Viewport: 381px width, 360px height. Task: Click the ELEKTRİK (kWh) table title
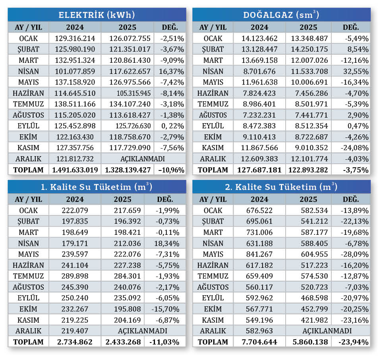pyautogui.click(x=97, y=15)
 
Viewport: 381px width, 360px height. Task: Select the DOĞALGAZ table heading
pyautogui.click(x=281, y=15)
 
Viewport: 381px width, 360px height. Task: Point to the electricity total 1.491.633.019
pyautogui.click(x=75, y=170)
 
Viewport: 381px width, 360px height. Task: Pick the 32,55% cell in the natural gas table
pyautogui.click(x=356, y=72)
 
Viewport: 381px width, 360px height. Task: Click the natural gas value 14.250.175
pyautogui.click(x=308, y=50)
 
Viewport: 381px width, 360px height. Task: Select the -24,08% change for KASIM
pyautogui.click(x=355, y=148)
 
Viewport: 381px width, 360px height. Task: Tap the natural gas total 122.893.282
pyautogui.click(x=308, y=170)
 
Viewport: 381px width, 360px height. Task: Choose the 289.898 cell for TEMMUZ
pyautogui.click(x=75, y=276)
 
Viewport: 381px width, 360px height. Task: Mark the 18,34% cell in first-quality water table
pyautogui.click(x=164, y=243)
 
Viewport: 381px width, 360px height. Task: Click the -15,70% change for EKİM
pyautogui.click(x=164, y=309)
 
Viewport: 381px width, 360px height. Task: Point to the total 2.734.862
pyautogui.click(x=75, y=342)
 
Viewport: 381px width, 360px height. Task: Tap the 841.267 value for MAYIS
pyautogui.click(x=259, y=254)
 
